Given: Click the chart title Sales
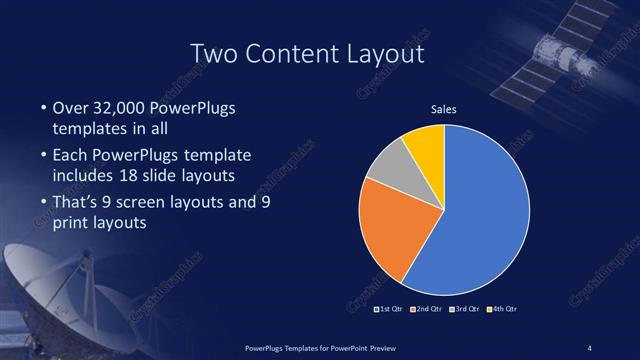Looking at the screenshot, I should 444,110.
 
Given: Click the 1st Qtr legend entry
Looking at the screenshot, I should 390,309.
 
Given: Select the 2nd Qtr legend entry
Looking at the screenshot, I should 429,309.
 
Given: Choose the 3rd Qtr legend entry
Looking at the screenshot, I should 468,309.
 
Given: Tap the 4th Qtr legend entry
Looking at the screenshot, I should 506,309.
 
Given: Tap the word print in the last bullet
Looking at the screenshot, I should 70,223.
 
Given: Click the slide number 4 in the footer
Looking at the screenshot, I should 590,347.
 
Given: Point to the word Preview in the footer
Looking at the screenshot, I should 375,347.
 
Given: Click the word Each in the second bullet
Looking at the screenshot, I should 70,155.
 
